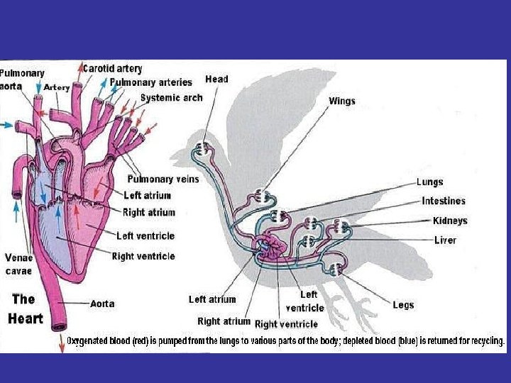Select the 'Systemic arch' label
171,98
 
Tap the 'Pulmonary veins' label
163,179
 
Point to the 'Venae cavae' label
18,264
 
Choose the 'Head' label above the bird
216,79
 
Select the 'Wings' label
341,101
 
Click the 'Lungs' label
429,182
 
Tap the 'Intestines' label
444,201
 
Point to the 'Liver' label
445,240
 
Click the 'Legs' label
403,305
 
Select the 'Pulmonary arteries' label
150,83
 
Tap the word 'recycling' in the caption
485,341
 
